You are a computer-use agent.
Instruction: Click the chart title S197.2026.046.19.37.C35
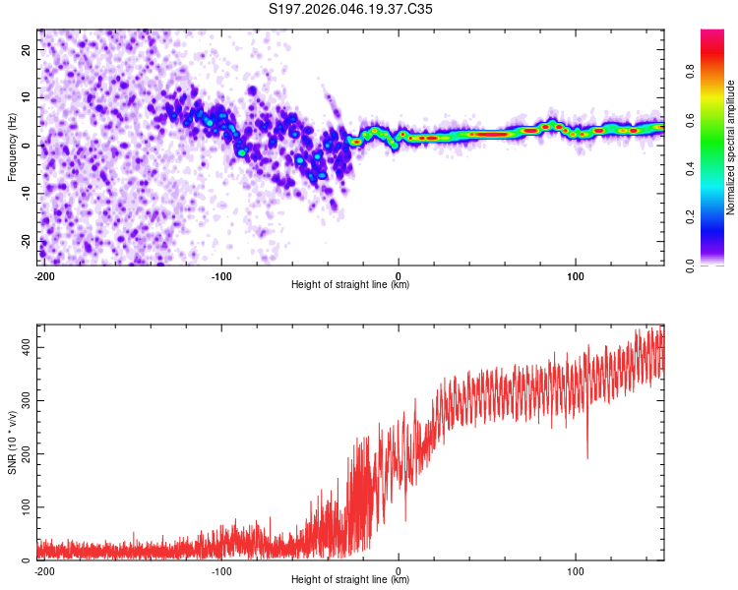tap(351, 10)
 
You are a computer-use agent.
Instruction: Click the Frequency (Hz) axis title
tap(12, 147)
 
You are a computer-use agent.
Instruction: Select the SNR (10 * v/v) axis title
tap(12, 443)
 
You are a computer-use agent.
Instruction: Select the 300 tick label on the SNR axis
tap(29, 400)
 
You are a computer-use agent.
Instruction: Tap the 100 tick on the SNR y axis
tap(29, 506)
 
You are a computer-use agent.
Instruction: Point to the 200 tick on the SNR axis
tap(29, 453)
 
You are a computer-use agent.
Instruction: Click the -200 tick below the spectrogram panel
tap(44, 274)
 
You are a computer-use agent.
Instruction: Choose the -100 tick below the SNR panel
tap(221, 569)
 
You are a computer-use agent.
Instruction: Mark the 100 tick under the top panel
tap(576, 274)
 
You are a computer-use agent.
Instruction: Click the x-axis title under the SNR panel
tap(350, 580)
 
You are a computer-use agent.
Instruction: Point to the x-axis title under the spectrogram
tap(350, 285)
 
